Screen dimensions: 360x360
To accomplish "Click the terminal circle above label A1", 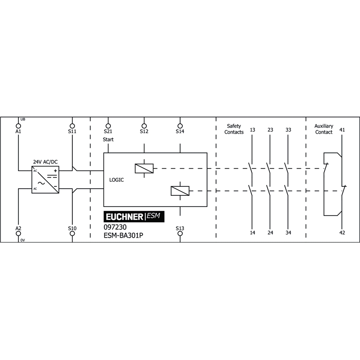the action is [18, 126].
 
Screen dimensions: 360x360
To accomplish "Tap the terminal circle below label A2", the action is [18, 233].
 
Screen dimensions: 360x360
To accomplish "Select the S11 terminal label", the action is [72, 131].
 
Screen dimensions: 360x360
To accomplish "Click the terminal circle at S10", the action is [72, 233].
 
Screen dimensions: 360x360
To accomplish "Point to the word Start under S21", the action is [108, 139].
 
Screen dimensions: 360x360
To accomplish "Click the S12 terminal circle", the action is [144, 126].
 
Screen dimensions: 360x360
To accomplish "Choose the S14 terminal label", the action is [180, 131].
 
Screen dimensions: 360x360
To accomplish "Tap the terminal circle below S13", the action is [180, 233].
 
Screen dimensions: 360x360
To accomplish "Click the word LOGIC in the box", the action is [117, 180].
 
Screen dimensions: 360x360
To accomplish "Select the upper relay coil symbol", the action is [144, 168].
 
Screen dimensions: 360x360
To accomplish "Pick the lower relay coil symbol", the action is [180, 191].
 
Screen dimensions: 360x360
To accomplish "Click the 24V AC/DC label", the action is [45, 162].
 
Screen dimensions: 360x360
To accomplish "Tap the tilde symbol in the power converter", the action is [41, 183].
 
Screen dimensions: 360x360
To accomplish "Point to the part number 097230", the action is [115, 227].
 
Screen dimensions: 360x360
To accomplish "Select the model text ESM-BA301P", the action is [123, 235].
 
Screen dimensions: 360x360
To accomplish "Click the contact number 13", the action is [252, 130].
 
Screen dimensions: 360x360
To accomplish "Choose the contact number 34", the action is [288, 233].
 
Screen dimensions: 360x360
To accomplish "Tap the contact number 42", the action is [342, 233].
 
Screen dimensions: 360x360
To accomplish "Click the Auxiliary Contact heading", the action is [324, 129].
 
